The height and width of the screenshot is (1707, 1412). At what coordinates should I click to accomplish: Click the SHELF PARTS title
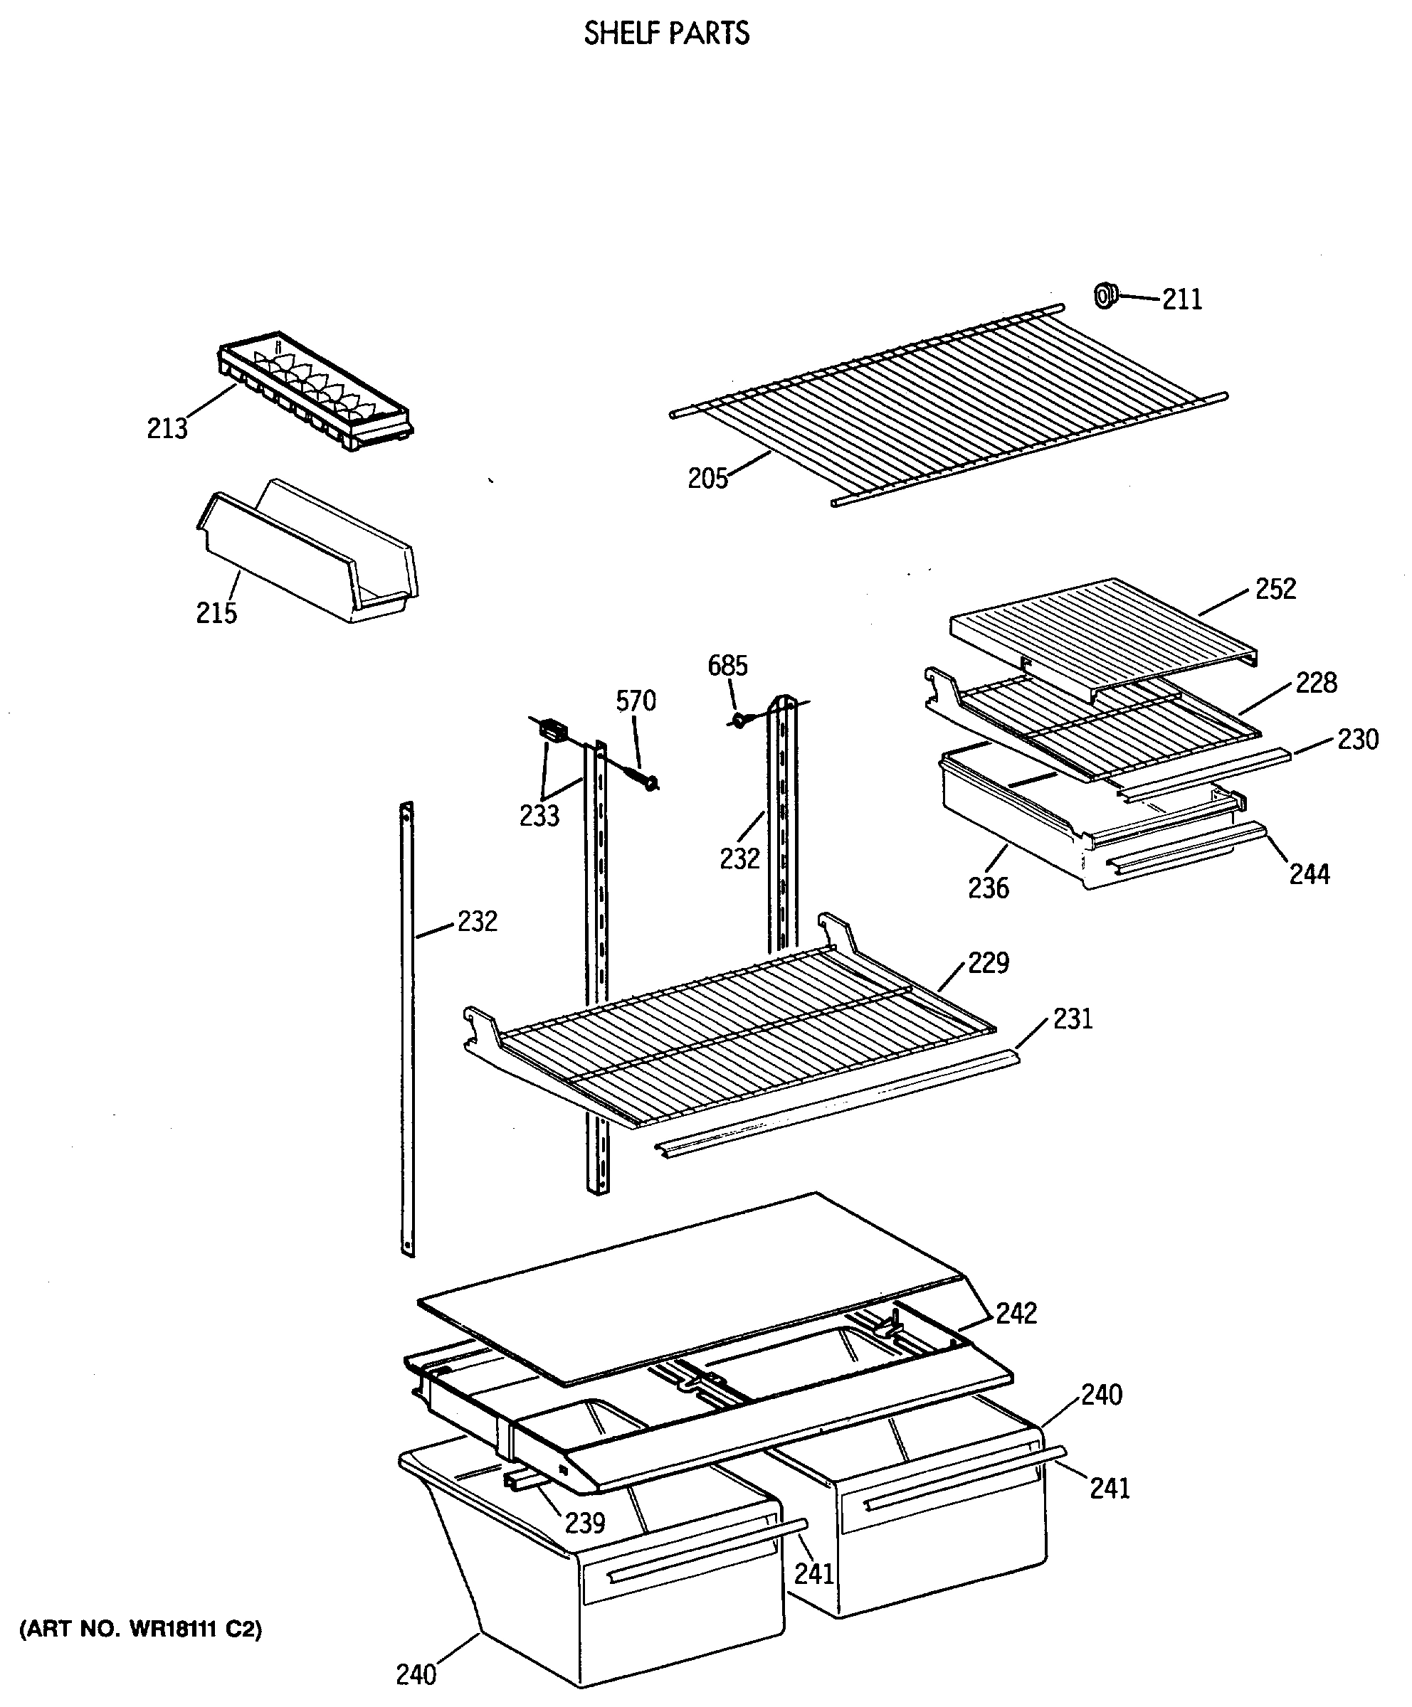(666, 33)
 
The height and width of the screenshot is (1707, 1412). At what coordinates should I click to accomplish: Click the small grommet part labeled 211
(1105, 295)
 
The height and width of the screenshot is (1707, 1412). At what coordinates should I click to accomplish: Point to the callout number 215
(216, 613)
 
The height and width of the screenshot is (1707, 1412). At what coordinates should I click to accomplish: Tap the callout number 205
(707, 479)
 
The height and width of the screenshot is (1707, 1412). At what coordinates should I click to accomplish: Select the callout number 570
(636, 701)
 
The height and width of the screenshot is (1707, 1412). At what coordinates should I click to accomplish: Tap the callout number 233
(540, 815)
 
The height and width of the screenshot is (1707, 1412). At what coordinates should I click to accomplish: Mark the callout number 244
(1309, 874)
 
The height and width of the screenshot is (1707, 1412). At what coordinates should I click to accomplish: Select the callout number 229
(989, 963)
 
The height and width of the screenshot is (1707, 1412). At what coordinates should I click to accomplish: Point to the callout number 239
(585, 1523)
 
